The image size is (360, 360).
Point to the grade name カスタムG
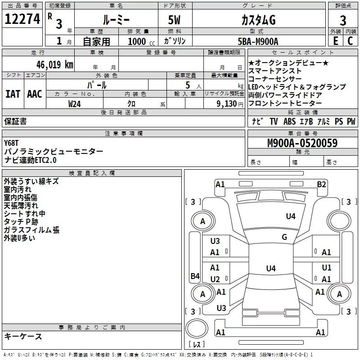(x=258, y=20)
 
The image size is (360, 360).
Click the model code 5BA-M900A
(x=258, y=41)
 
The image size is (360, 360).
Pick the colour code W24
(x=74, y=103)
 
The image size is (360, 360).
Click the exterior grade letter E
(x=335, y=41)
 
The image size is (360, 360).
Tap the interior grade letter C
(x=350, y=41)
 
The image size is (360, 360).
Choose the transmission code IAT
(x=13, y=94)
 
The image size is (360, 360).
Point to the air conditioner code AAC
(x=35, y=94)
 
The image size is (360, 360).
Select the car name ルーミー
(x=116, y=20)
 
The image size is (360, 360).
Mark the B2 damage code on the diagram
(x=321, y=184)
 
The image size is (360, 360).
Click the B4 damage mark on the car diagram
(x=194, y=276)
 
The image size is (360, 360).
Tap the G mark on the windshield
(x=284, y=237)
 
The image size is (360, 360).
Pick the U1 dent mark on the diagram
(x=327, y=268)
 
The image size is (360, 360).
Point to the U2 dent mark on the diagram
(x=215, y=279)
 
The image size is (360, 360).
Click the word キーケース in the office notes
(x=23, y=336)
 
